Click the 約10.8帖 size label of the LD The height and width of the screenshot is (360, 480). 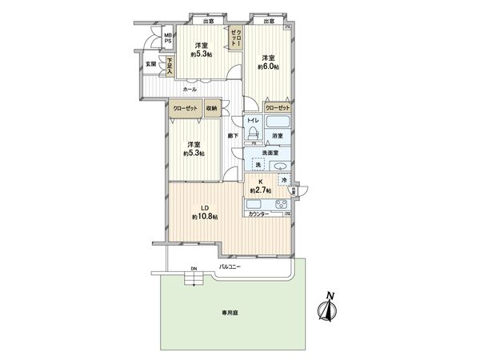[205, 216]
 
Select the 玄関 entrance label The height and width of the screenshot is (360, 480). [150, 63]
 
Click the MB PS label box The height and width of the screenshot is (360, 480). [168, 38]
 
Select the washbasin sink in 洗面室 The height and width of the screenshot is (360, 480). [280, 166]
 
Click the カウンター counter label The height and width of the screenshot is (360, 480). [258, 215]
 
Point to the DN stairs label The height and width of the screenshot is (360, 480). [192, 269]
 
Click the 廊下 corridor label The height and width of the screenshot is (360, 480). [232, 136]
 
